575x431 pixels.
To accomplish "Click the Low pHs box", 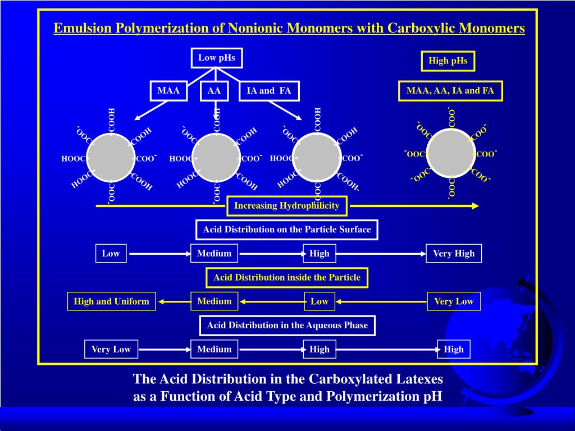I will click(216, 58).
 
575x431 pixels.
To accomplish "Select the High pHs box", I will click(448, 61).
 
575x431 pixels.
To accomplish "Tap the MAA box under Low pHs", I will click(168, 91).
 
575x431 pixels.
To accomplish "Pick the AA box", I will click(214, 91).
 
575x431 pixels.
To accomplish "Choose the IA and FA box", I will click(269, 91).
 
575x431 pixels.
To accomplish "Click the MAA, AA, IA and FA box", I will click(450, 91).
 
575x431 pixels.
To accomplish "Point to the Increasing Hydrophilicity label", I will click(286, 205).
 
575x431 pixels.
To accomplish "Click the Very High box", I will click(454, 254).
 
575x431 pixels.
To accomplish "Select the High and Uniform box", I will click(112, 301).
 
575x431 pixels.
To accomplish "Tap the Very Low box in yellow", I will click(454, 301).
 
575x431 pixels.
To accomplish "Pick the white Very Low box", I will click(111, 349).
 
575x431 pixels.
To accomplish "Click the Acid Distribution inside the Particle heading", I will click(287, 277).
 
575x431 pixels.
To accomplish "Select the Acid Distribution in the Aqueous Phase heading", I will click(287, 325).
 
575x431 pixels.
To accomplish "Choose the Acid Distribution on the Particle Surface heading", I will click(287, 230).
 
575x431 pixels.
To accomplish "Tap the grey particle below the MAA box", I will click(111, 158).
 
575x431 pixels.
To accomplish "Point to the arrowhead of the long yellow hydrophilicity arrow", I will click(475, 206).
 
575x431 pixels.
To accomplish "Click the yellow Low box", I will click(320, 301).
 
